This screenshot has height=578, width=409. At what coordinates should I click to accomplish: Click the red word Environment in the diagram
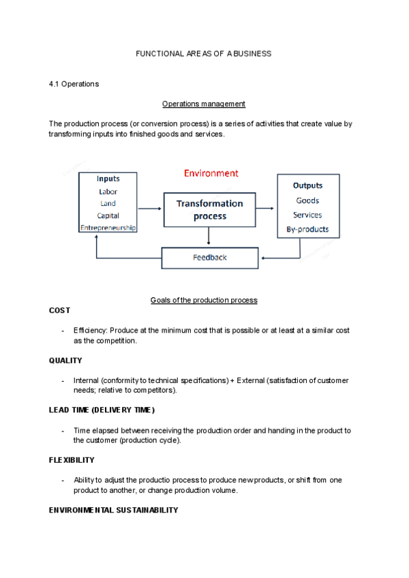[211, 173]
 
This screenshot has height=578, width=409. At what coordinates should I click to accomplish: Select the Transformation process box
[209, 210]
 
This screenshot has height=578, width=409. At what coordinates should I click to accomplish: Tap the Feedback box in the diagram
[209, 258]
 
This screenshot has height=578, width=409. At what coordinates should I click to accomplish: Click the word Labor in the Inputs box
[108, 192]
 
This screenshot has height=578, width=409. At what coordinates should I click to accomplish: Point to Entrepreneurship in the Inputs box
[108, 227]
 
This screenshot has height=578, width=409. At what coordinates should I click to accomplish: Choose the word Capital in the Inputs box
[108, 215]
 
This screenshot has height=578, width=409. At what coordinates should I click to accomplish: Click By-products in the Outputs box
[307, 229]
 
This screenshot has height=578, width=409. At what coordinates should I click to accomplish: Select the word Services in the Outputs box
[307, 215]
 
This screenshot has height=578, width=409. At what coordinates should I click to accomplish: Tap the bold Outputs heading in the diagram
[307, 185]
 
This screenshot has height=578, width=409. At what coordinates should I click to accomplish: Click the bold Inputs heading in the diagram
[108, 179]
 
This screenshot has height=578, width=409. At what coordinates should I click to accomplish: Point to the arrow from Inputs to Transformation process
[150, 209]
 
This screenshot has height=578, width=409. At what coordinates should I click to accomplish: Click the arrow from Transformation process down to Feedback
[209, 237]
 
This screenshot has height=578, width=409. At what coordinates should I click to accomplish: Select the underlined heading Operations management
[204, 104]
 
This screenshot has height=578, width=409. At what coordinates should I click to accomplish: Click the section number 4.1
[55, 84]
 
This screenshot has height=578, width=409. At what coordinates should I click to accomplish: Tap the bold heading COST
[59, 310]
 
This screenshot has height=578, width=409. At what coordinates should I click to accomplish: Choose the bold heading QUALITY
[65, 361]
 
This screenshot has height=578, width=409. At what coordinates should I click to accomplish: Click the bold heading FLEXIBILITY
[72, 460]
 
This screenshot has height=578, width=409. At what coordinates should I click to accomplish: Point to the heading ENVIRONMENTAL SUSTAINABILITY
[113, 510]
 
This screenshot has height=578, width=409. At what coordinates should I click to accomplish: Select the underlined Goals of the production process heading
[204, 301]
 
